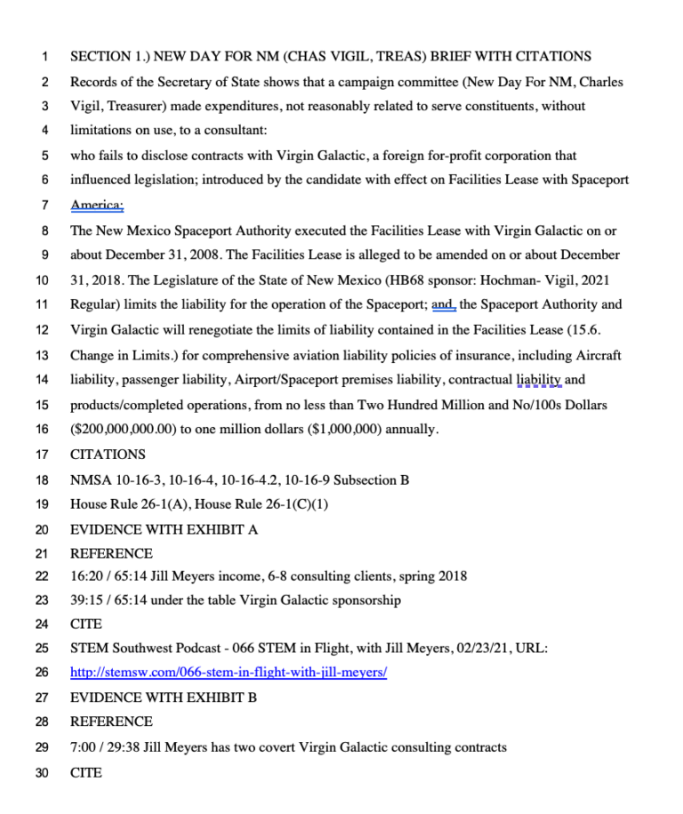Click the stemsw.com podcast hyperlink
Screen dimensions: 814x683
(x=229, y=673)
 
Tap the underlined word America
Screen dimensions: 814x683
(x=97, y=206)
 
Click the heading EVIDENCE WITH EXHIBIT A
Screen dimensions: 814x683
(x=165, y=529)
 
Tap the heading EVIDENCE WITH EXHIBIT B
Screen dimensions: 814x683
(x=164, y=697)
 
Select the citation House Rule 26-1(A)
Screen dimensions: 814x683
(x=127, y=504)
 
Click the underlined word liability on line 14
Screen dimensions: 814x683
(x=539, y=380)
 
